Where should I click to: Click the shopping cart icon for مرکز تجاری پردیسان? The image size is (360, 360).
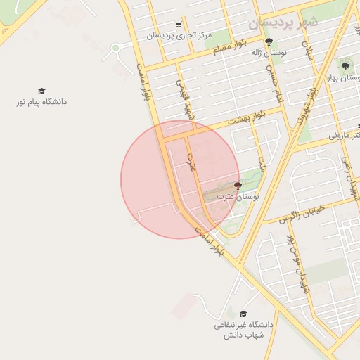179,25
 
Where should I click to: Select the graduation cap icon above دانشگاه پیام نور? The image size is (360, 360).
41,91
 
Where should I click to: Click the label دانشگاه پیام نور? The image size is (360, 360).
42,102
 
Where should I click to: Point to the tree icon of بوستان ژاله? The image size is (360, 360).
268,41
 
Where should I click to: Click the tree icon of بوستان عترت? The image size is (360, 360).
238,186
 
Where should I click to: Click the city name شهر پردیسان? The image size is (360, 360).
283,23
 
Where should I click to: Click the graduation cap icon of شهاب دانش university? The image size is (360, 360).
243,314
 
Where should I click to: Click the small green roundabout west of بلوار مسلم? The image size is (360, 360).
115,48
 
